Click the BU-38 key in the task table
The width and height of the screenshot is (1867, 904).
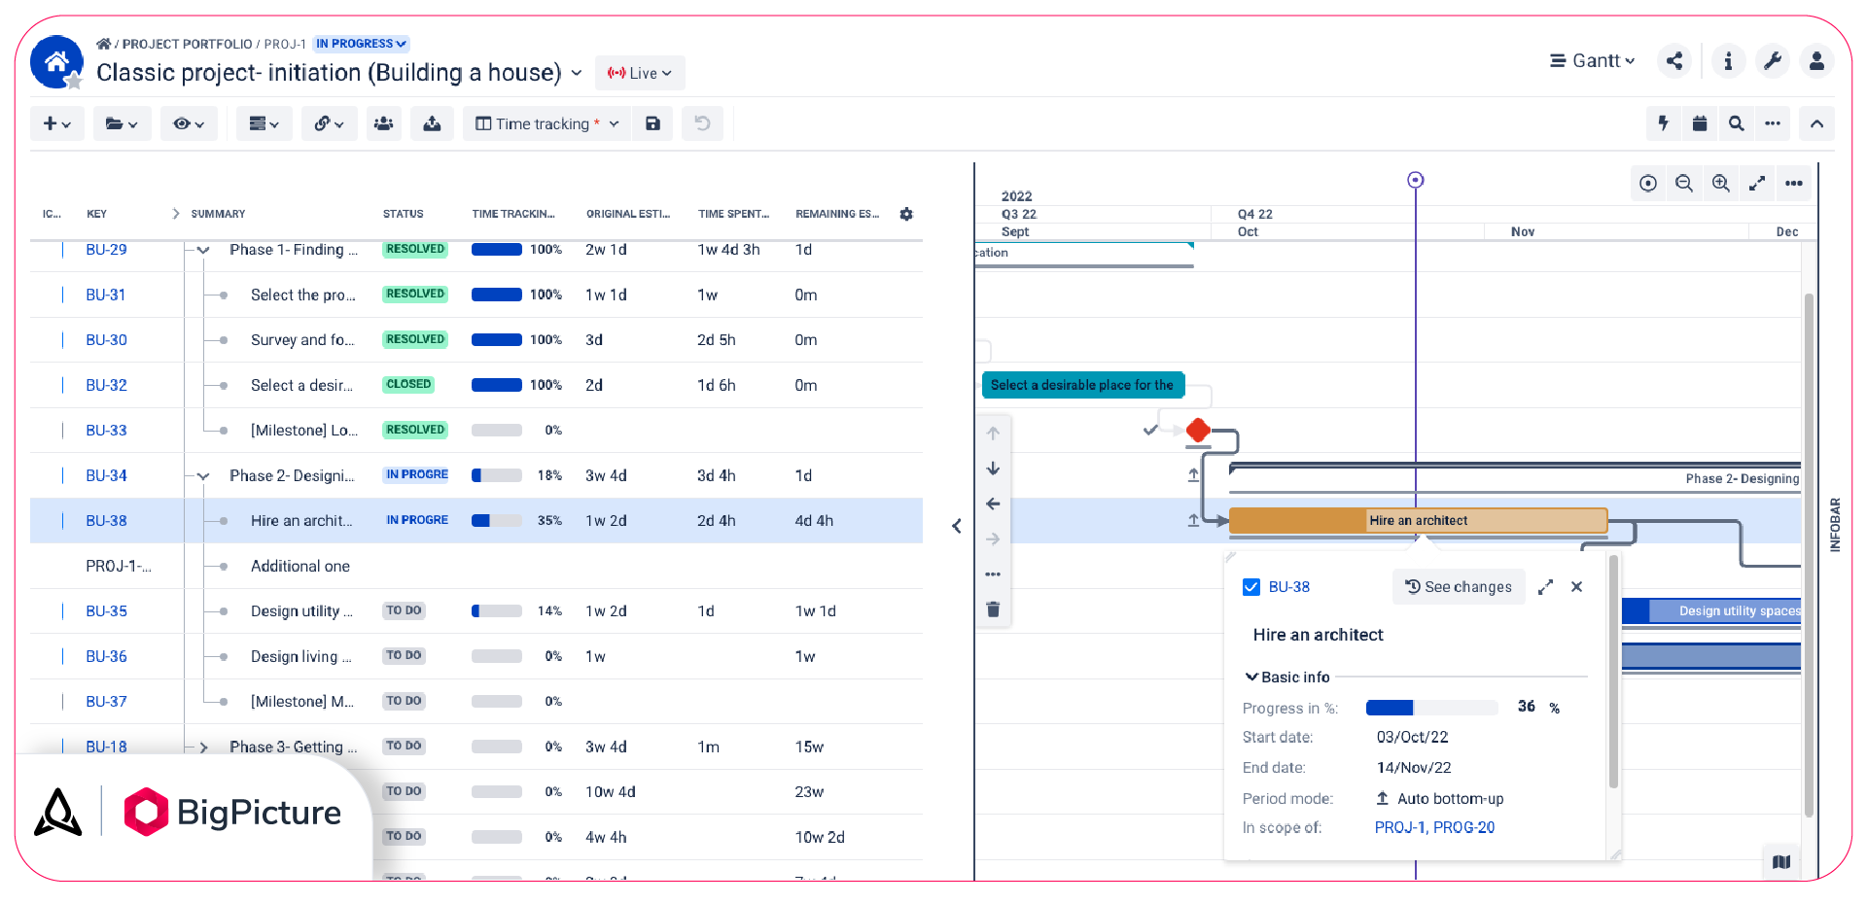[x=106, y=521]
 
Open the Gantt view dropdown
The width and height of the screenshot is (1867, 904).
[x=1592, y=61]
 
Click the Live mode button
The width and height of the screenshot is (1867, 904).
[x=640, y=73]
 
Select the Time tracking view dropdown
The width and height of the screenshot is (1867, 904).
[x=546, y=123]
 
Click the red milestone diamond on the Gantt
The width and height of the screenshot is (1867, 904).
[x=1198, y=430]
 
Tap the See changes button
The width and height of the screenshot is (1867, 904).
[x=1459, y=587]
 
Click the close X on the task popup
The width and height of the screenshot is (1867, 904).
[x=1576, y=587]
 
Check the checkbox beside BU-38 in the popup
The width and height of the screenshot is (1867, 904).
[x=1251, y=587]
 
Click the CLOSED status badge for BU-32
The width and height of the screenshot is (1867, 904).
[x=408, y=385]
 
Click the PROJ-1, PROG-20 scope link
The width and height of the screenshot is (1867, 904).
[x=1434, y=828]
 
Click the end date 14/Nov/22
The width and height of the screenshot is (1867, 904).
[x=1414, y=768]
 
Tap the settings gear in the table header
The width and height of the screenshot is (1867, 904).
[x=906, y=214]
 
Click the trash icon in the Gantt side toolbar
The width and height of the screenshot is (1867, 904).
[x=993, y=609]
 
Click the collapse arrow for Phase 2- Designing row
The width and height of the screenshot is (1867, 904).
[x=203, y=476]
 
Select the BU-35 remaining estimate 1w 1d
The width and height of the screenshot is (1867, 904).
[x=815, y=611]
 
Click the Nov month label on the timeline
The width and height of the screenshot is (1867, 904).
[x=1523, y=232]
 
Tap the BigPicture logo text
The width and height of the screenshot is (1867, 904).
[x=259, y=813]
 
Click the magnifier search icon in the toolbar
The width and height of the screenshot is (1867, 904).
[x=1736, y=123]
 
